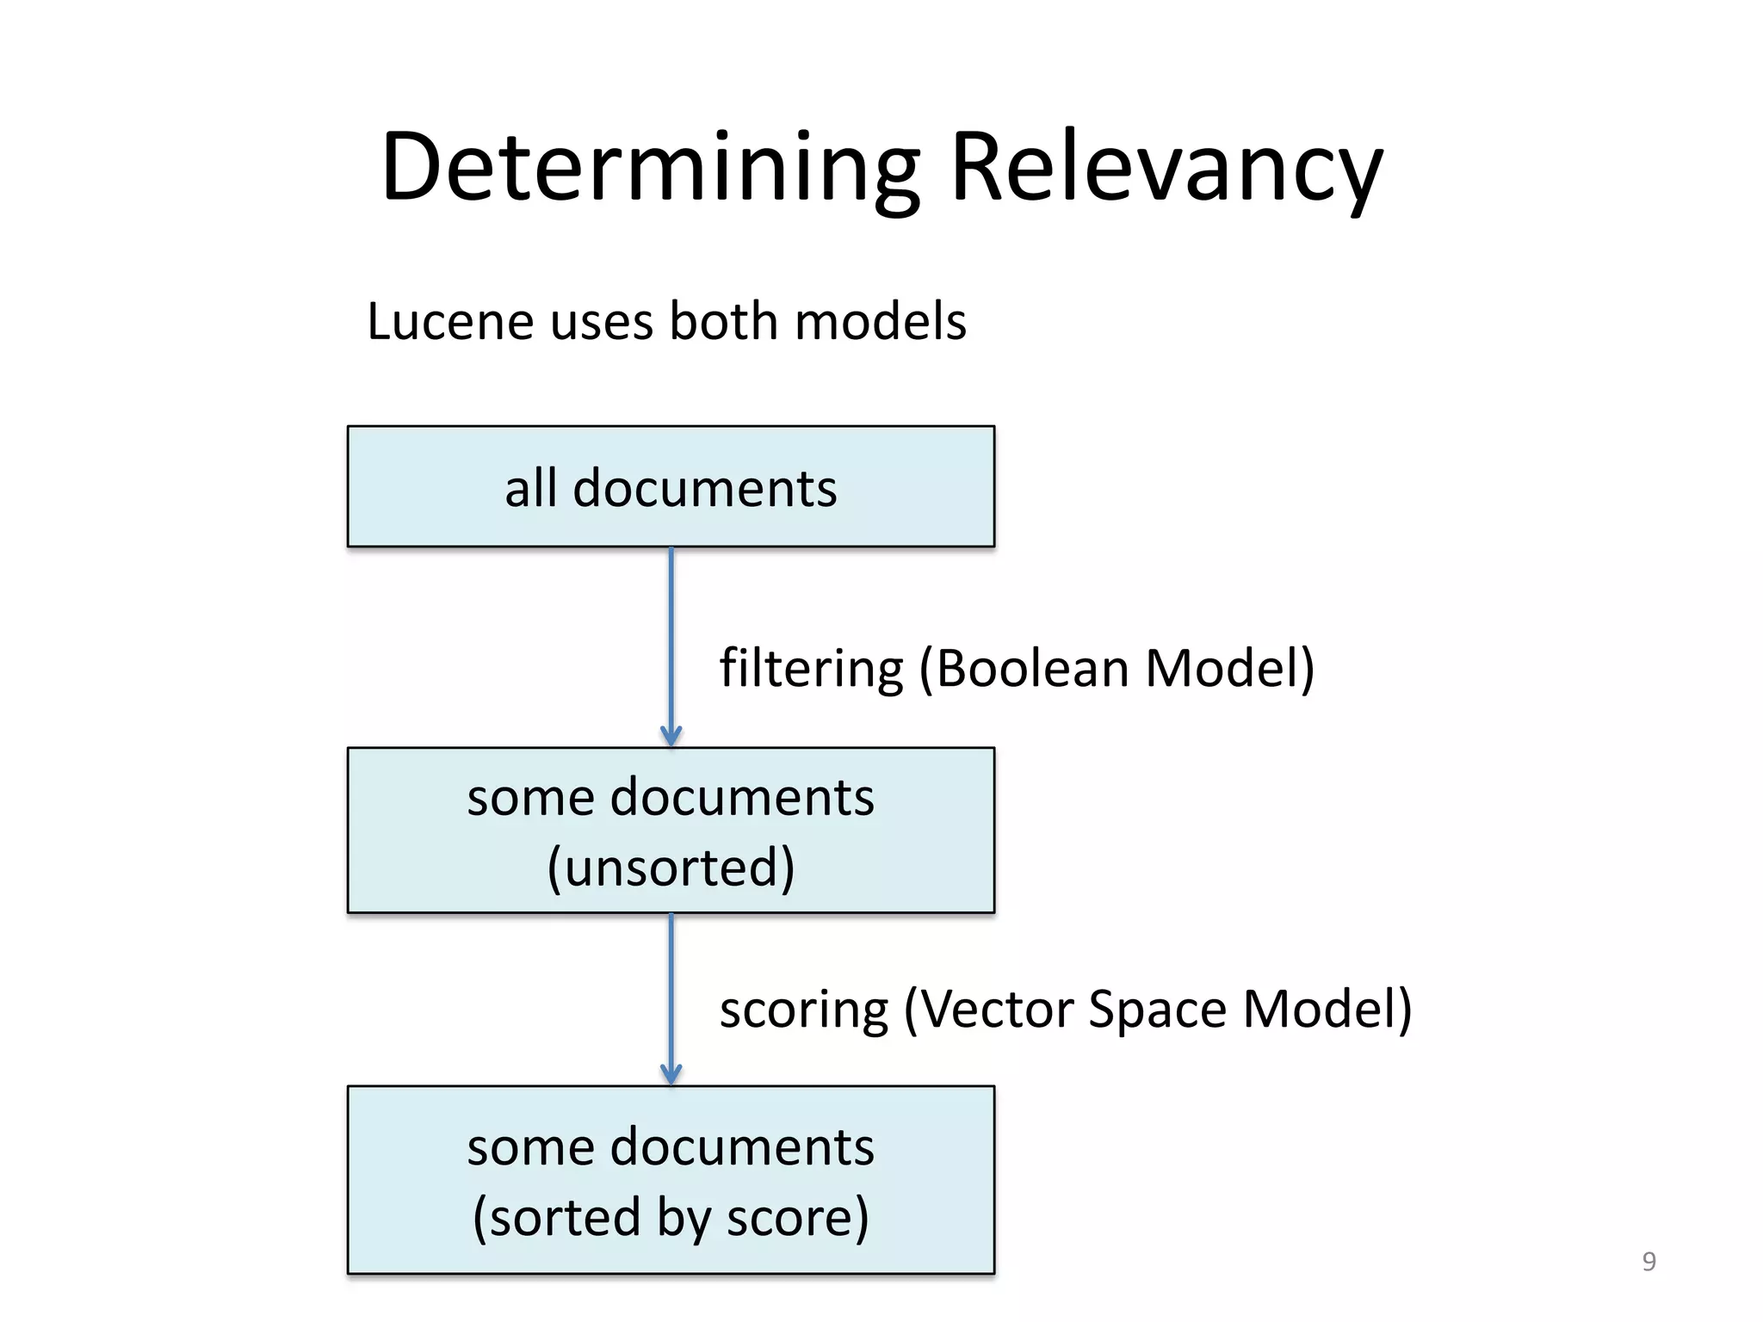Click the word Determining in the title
(x=650, y=167)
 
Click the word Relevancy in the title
(x=1166, y=167)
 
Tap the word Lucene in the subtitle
(x=450, y=322)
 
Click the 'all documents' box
(x=671, y=487)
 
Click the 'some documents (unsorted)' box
(x=671, y=830)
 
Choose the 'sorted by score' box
(x=671, y=1179)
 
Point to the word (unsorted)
(x=671, y=867)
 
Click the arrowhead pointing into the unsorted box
(x=671, y=736)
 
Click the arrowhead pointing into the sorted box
(x=671, y=1074)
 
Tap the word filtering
(x=811, y=669)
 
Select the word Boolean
(x=1031, y=669)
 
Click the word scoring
(x=803, y=1010)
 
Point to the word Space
(x=1157, y=1010)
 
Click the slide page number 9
(x=1649, y=1261)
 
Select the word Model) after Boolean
(x=1229, y=669)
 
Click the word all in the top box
(x=530, y=488)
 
